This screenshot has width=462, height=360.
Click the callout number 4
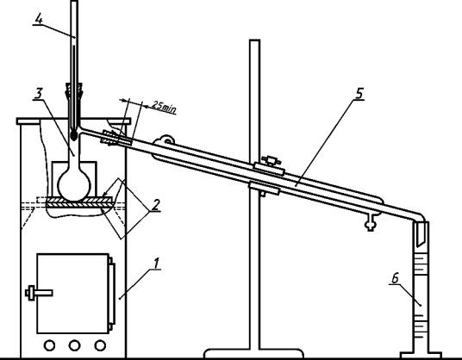click(x=39, y=19)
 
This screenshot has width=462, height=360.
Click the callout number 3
click(x=39, y=94)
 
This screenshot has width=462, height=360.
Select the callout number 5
click(x=359, y=93)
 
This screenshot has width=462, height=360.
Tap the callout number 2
click(x=156, y=204)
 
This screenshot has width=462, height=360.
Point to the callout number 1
click(x=156, y=264)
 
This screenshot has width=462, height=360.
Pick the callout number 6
click(x=396, y=278)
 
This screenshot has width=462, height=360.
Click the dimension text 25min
click(x=164, y=107)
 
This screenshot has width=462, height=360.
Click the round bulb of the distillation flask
click(x=74, y=185)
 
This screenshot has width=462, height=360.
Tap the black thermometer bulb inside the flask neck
click(x=74, y=135)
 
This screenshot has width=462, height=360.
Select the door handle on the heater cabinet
click(x=39, y=293)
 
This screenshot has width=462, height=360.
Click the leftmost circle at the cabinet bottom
click(x=49, y=345)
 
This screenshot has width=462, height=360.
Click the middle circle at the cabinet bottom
click(x=74, y=345)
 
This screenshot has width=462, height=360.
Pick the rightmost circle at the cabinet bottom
click(x=100, y=345)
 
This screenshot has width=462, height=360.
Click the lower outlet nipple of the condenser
click(x=371, y=223)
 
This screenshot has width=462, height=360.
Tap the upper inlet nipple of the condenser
click(x=166, y=140)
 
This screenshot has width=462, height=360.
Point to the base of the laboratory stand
click(x=253, y=353)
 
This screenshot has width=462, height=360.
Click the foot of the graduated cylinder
click(x=421, y=355)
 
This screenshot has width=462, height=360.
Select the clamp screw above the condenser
click(x=271, y=160)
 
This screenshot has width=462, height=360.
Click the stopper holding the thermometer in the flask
click(x=74, y=91)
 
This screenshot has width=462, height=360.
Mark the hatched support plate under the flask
click(x=79, y=202)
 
